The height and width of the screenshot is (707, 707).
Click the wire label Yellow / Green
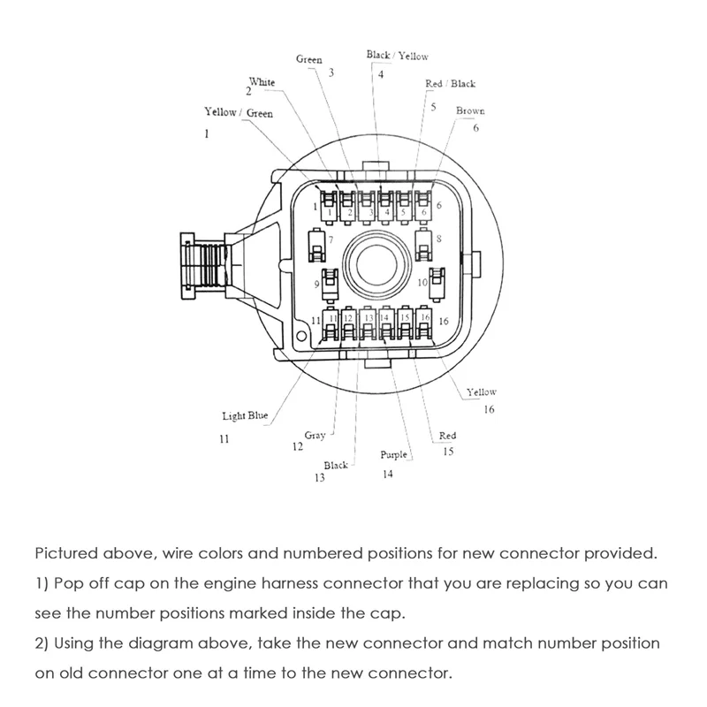(x=239, y=113)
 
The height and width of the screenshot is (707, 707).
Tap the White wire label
(x=262, y=82)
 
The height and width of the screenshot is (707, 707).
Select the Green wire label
(x=308, y=60)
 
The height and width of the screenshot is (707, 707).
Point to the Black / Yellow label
(x=397, y=56)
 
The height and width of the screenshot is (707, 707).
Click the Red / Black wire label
(x=450, y=84)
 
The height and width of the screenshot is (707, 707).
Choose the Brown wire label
(x=470, y=111)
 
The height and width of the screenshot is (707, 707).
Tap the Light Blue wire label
(x=246, y=414)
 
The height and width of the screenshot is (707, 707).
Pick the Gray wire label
(x=315, y=435)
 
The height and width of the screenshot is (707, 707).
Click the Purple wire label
(x=394, y=455)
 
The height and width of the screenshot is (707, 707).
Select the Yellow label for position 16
(x=483, y=392)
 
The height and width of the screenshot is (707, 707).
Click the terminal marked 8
(x=423, y=241)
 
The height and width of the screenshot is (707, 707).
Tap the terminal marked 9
(x=330, y=283)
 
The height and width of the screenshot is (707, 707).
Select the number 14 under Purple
(x=387, y=473)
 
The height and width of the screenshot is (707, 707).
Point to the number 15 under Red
(x=448, y=452)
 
